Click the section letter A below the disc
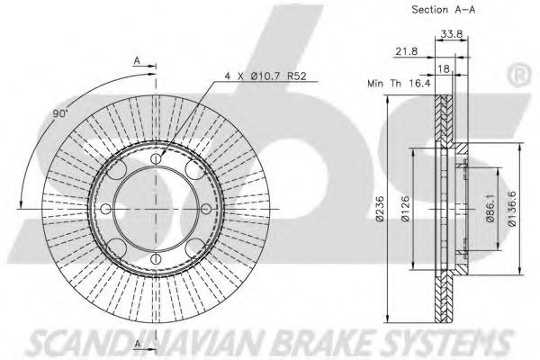pos(137,345)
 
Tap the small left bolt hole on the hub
pos(106,210)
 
